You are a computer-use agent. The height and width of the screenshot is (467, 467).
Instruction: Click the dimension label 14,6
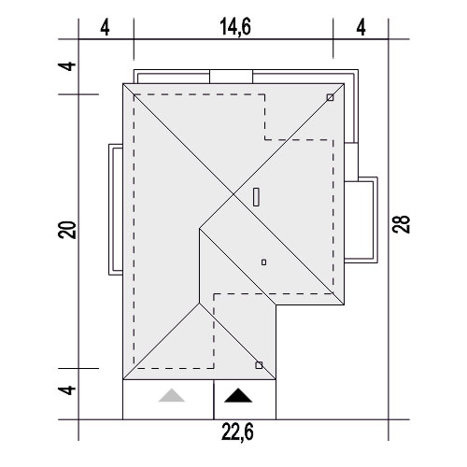pos(235,26)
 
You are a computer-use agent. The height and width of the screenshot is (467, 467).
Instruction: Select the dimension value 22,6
pos(237,432)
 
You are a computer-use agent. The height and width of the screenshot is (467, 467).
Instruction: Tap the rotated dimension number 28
pos(401,224)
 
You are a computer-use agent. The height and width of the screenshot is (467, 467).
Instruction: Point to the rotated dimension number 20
pos(67,230)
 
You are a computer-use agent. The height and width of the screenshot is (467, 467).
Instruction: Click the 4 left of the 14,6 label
pos(105,27)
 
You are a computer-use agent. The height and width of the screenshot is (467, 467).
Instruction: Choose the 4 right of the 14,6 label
pos(361,27)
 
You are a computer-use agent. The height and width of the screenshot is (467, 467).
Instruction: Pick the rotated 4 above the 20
pos(67,66)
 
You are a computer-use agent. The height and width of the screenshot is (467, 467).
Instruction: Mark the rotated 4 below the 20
pos(67,390)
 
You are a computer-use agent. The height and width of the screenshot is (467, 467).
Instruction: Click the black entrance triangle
pos(238,395)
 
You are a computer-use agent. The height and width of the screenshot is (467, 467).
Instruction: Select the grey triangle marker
pos(172,395)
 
